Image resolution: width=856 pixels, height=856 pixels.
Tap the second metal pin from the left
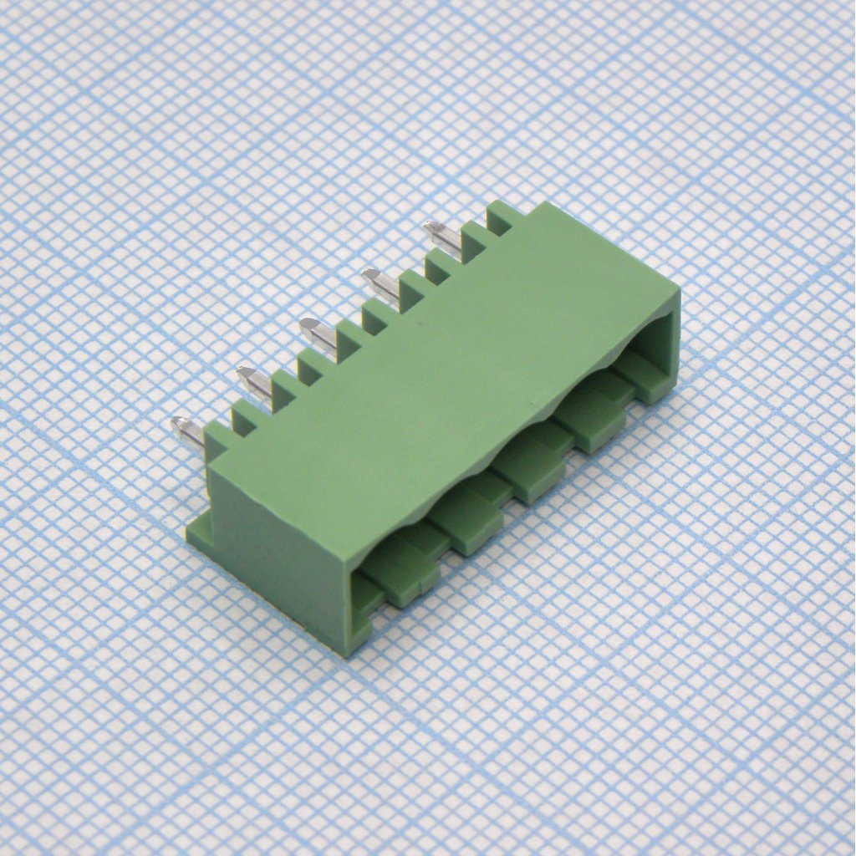tap(253, 381)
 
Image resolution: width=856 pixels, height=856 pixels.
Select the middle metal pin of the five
tap(318, 333)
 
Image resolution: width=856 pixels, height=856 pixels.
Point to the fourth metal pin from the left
tap(381, 284)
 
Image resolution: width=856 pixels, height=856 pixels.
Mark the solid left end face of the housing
tap(276, 560)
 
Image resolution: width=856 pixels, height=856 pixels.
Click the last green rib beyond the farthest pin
tap(502, 216)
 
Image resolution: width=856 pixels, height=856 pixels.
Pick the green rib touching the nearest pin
tap(216, 440)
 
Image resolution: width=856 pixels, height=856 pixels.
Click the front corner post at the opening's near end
tap(359, 619)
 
